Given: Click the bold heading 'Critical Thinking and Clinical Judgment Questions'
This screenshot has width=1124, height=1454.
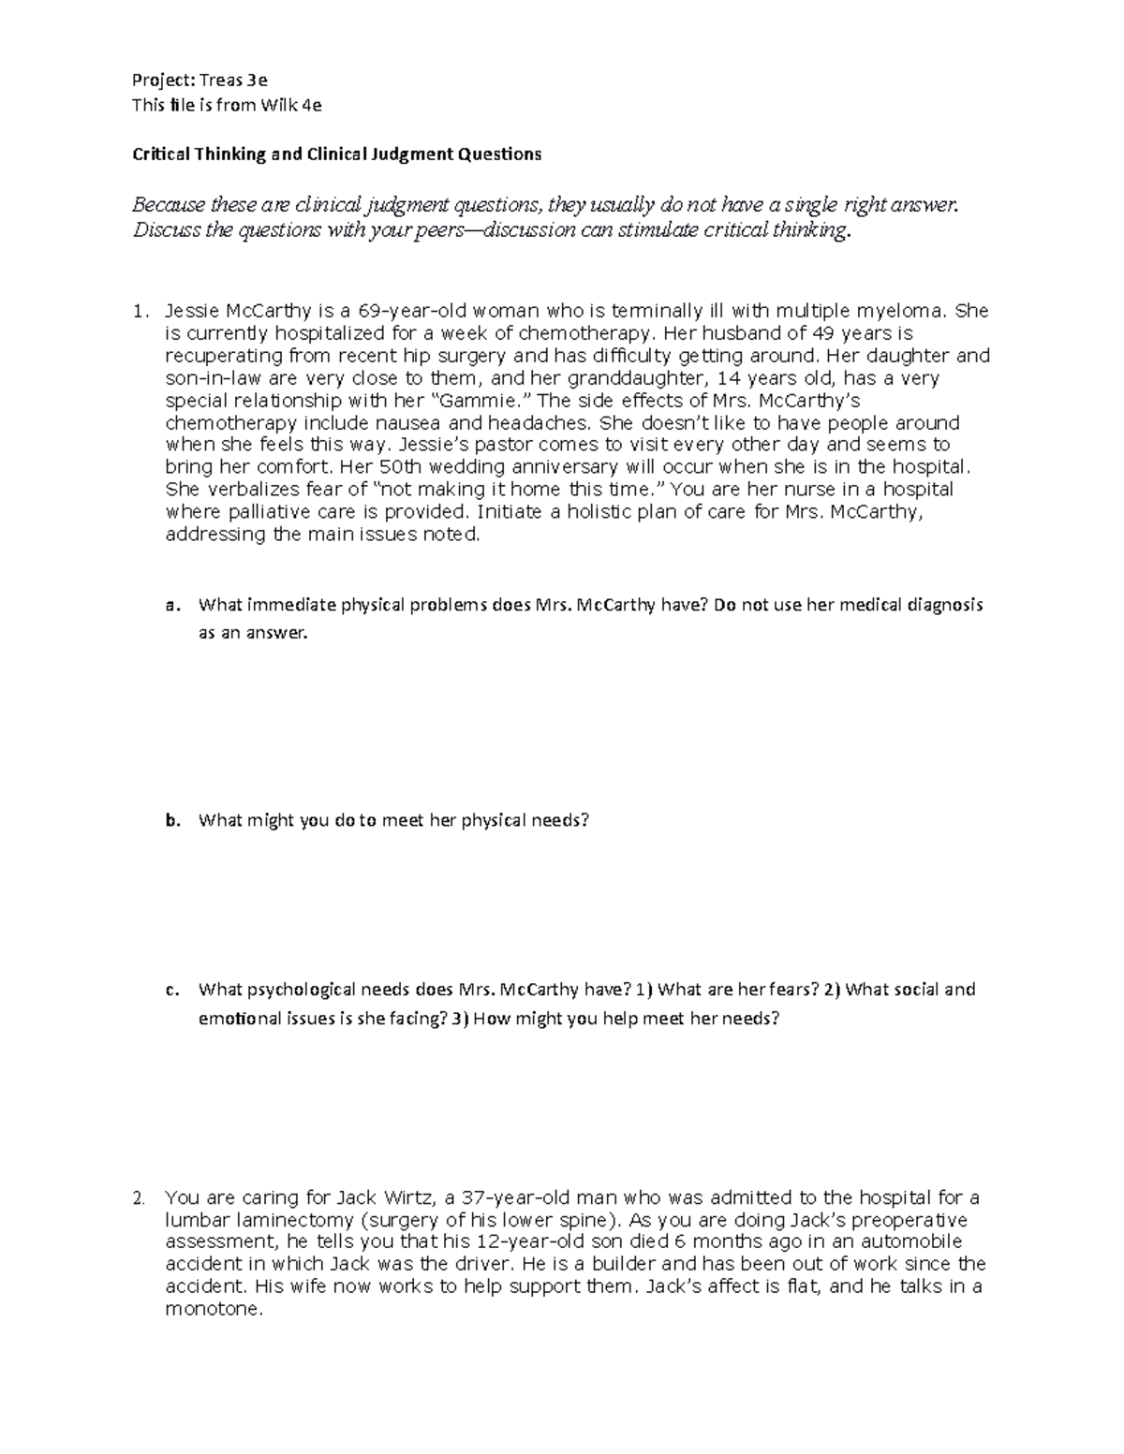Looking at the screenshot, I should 336,154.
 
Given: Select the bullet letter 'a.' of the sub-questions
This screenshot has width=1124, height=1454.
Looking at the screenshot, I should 170,605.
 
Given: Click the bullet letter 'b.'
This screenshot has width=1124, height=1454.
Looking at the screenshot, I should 170,821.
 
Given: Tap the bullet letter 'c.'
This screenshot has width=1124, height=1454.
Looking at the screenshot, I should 170,990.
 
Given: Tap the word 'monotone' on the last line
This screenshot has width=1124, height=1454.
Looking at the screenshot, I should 214,1310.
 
